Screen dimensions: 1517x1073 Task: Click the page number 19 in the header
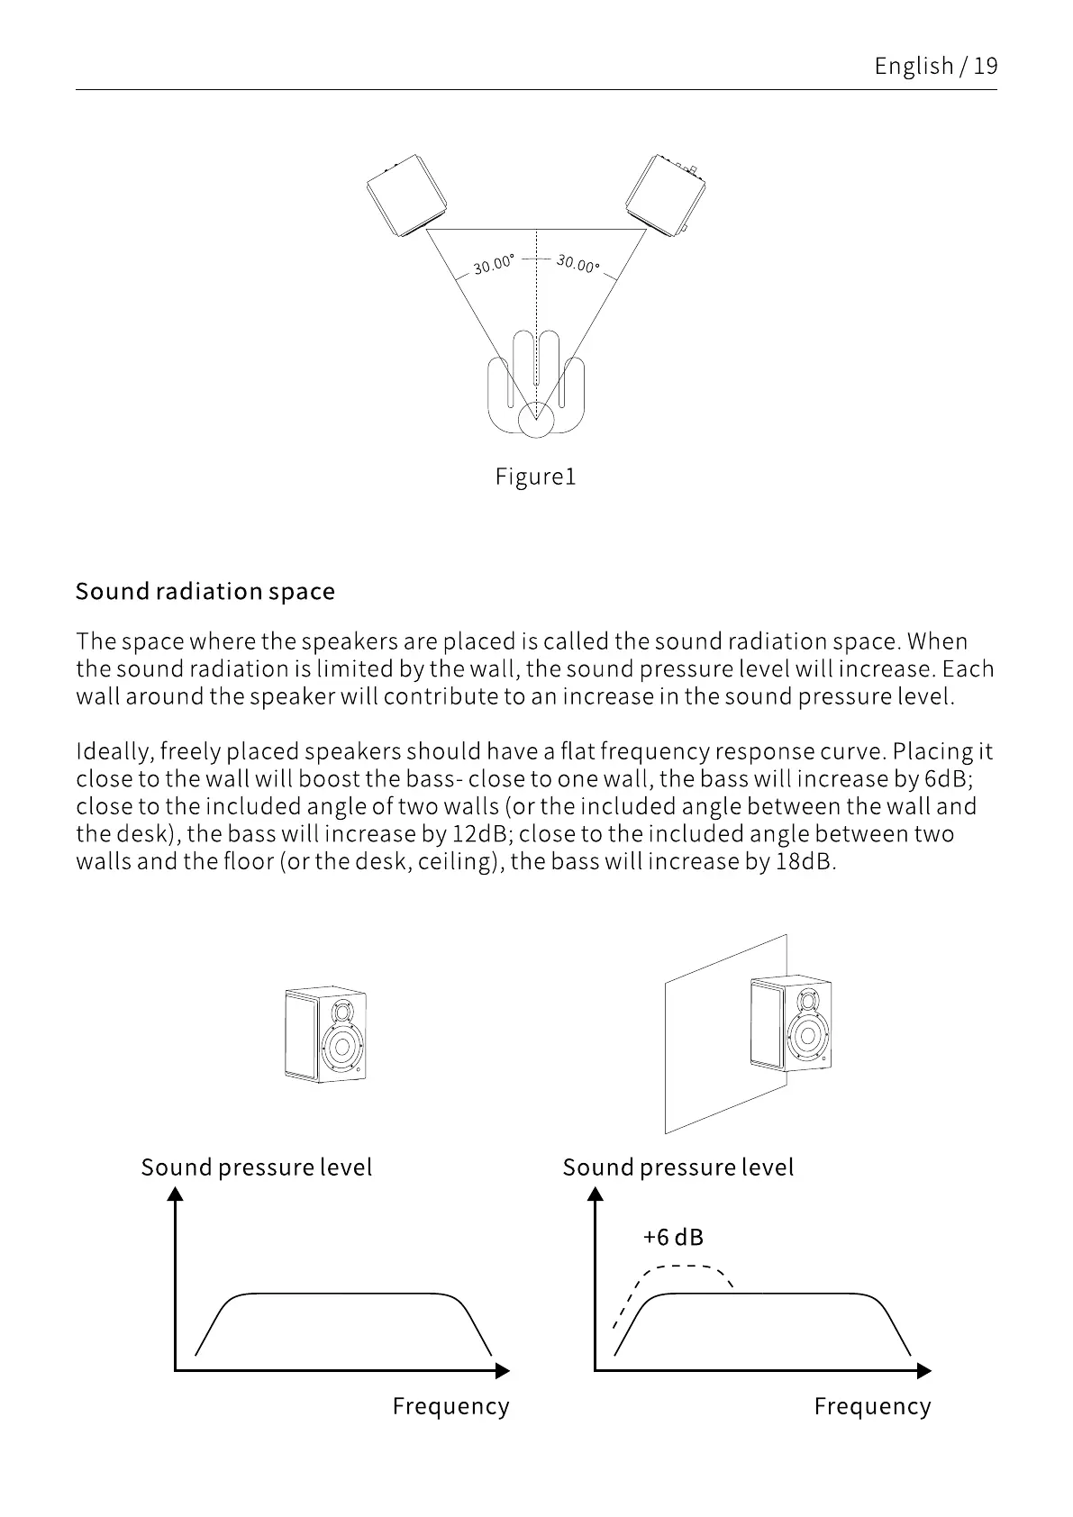coord(986,66)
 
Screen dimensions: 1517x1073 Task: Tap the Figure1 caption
coord(535,477)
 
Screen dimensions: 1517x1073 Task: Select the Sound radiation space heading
coord(205,592)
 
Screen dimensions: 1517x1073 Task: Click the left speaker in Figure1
coord(407,195)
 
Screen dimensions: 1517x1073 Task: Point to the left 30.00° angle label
coord(494,264)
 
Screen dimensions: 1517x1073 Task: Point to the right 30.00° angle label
coord(577,264)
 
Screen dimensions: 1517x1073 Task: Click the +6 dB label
coord(673,1237)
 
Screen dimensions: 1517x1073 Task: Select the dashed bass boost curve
coord(685,1267)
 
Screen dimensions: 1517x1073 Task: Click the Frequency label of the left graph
coord(450,1406)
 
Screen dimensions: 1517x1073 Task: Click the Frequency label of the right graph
coord(872,1406)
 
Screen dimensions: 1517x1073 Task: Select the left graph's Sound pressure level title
coord(257,1167)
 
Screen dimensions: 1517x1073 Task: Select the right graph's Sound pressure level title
coord(678,1167)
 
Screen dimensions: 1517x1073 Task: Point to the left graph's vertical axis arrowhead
coord(176,1194)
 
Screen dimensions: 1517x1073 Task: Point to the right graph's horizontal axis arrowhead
coord(923,1371)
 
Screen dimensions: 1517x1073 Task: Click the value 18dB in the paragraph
coord(802,861)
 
